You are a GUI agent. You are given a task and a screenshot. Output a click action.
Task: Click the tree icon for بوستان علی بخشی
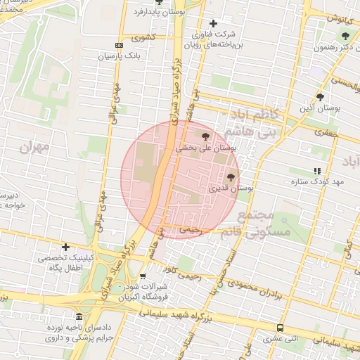(x=205, y=136)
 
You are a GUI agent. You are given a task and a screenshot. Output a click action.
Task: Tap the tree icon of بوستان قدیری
(x=231, y=177)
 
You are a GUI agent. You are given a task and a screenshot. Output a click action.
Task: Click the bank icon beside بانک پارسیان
(x=119, y=45)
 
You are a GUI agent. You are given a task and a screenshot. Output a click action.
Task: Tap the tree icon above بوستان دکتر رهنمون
(x=345, y=36)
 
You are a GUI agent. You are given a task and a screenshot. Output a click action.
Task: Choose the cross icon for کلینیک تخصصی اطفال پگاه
(x=65, y=247)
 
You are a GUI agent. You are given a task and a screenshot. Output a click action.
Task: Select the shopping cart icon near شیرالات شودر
(x=143, y=276)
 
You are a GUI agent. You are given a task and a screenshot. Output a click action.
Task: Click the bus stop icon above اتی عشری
(x=281, y=328)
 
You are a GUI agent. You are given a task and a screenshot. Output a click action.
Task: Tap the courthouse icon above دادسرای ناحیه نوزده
(x=78, y=316)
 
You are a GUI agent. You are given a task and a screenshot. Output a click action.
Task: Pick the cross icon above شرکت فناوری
(x=213, y=23)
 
